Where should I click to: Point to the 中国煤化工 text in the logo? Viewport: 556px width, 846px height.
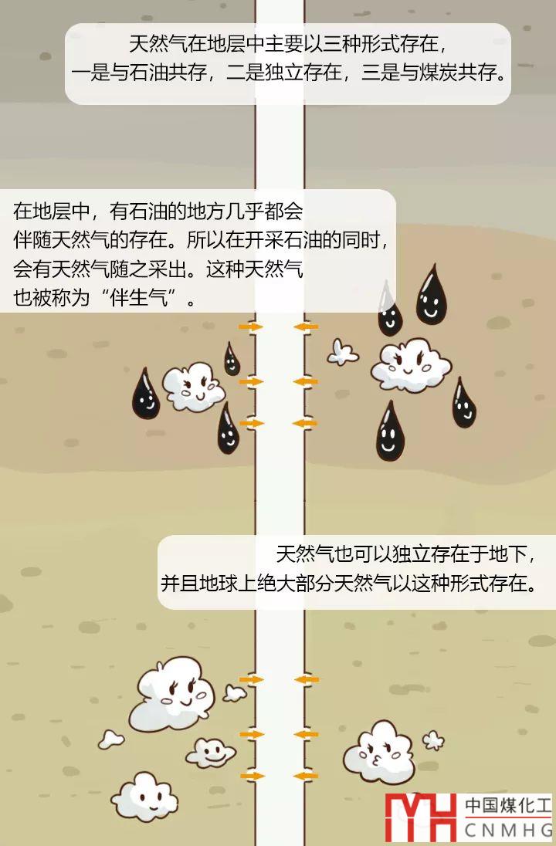click(508, 806)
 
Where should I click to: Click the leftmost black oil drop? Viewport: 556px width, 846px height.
click(145, 394)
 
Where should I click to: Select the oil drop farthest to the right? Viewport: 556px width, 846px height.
click(463, 403)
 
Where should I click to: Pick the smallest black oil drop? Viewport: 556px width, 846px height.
click(232, 360)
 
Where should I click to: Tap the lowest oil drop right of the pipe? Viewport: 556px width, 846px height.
click(390, 431)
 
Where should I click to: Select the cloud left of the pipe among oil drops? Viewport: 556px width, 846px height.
click(192, 385)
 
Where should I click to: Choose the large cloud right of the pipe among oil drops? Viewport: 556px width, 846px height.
click(410, 364)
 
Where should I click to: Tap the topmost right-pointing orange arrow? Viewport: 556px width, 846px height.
click(250, 327)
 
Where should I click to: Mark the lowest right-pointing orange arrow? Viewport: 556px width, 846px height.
click(252, 775)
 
